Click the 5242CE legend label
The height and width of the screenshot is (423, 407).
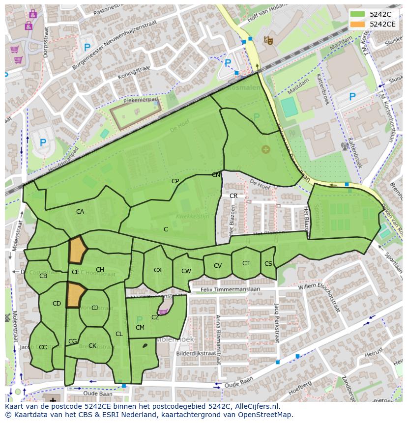click(382, 24)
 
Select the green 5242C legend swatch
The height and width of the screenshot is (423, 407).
click(358, 14)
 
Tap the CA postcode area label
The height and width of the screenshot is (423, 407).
click(80, 212)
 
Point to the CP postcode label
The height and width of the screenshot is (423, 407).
click(175, 181)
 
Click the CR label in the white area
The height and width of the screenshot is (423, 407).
click(233, 196)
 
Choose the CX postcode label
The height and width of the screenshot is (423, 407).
click(158, 270)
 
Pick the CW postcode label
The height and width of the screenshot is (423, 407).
click(186, 271)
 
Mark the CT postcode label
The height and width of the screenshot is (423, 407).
click(246, 263)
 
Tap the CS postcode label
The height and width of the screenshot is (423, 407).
click(268, 264)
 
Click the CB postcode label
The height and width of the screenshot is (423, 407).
click(43, 276)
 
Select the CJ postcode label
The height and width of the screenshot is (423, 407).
click(95, 308)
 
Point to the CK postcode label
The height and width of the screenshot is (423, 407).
click(92, 346)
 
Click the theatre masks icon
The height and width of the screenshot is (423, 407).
click(268, 40)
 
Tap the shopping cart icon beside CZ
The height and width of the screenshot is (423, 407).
click(162, 311)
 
